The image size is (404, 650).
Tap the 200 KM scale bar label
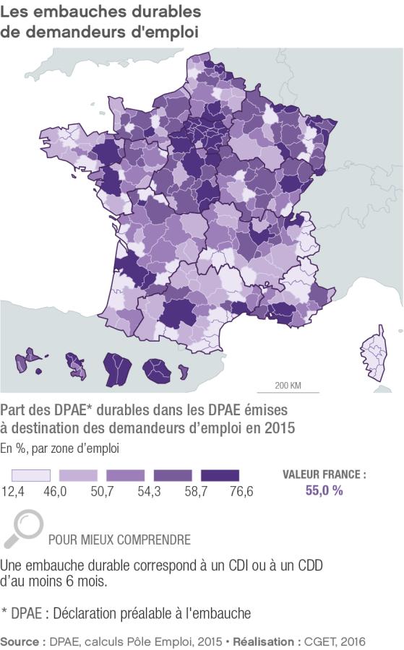[288, 384]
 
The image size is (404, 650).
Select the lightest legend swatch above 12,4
[31, 476]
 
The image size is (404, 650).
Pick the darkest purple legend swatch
[220, 476]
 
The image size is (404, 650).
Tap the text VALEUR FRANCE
[323, 475]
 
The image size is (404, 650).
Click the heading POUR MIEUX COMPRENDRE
[119, 539]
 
